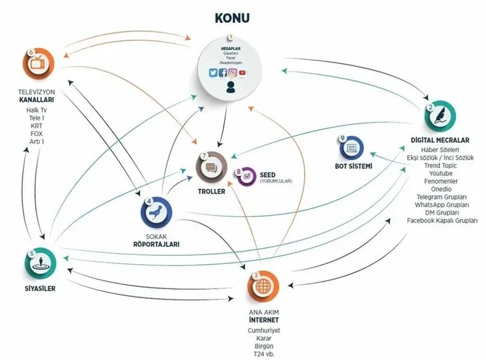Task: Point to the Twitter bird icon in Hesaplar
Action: tap(213, 72)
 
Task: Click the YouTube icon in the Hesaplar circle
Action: tap(242, 72)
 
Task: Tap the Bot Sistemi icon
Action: tap(352, 147)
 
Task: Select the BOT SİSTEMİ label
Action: tap(353, 167)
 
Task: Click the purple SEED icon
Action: tap(245, 177)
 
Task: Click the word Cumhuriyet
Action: tap(264, 330)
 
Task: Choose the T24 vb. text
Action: tap(264, 354)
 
